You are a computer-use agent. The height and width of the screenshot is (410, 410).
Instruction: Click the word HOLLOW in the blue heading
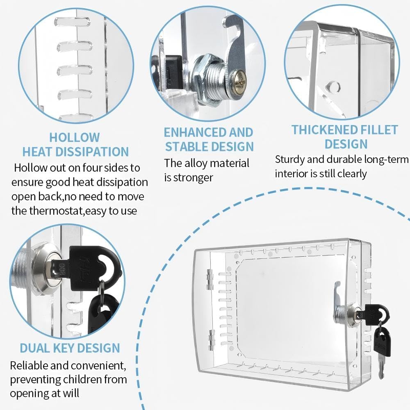pos(75,137)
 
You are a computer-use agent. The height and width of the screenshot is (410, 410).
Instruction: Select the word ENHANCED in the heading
pos(195,132)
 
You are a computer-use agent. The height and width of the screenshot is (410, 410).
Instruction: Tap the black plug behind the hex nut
pos(173,68)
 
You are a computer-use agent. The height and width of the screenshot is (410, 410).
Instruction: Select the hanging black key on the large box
pos(383,342)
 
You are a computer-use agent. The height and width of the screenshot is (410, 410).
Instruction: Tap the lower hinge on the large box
pos(211,340)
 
